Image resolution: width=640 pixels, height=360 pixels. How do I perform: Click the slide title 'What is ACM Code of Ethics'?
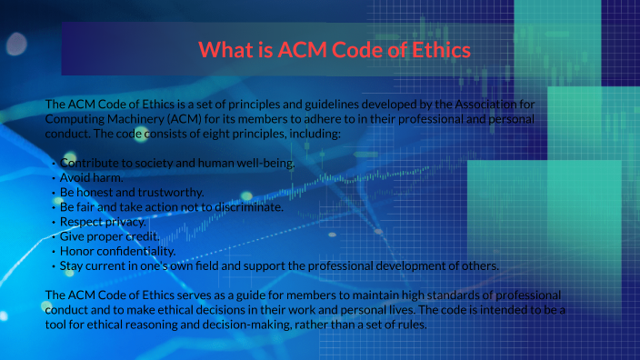pyautogui.click(x=334, y=49)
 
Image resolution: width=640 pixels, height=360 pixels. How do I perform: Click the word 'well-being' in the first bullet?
pyautogui.click(x=264, y=163)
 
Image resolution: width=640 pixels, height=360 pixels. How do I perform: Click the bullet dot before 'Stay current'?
pyautogui.click(x=54, y=265)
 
